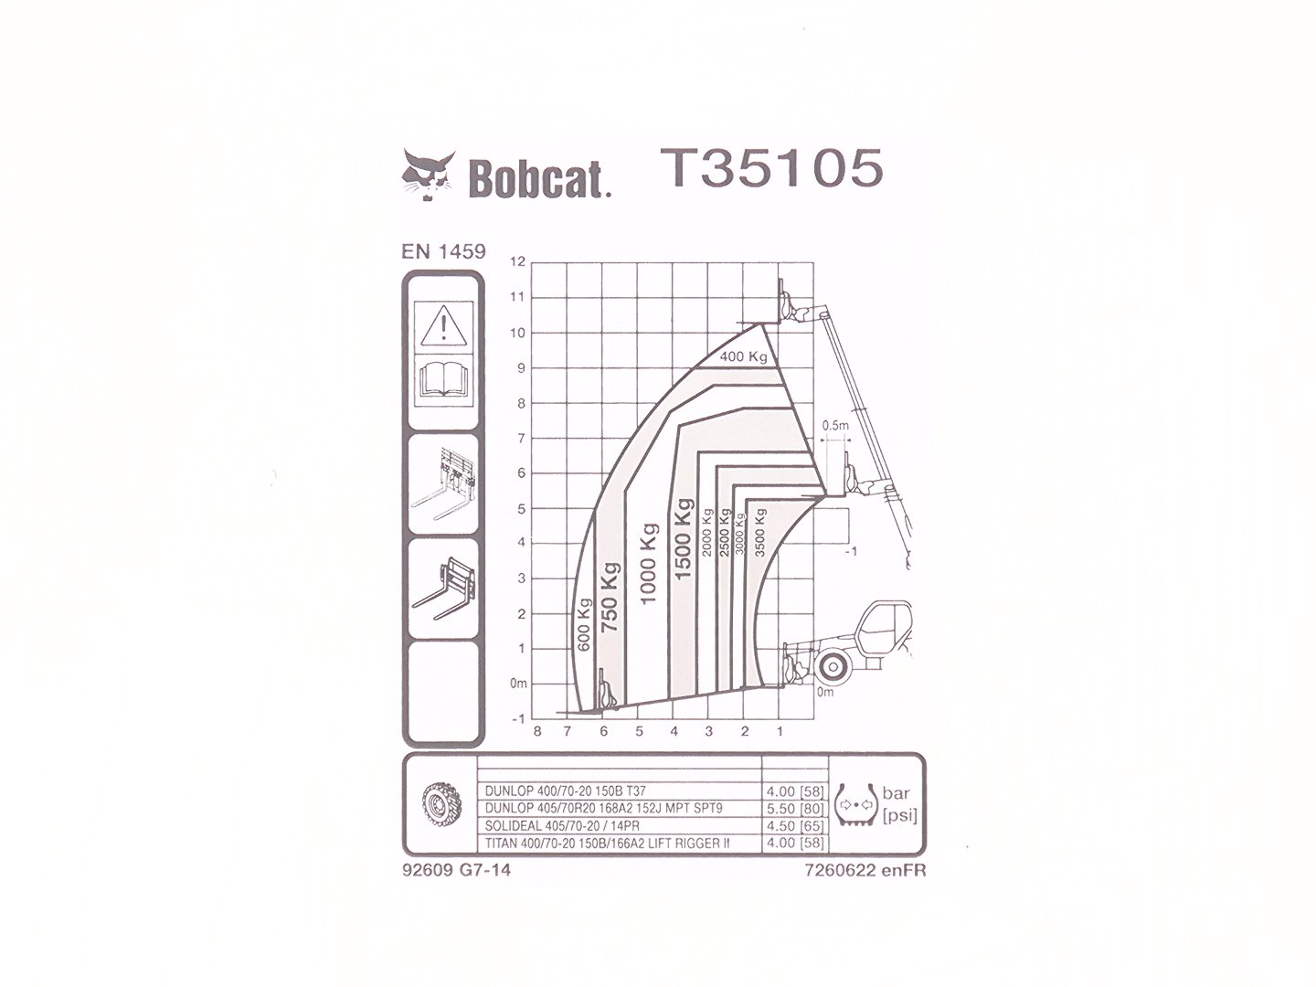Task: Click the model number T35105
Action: coord(771,168)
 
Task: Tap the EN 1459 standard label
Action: coord(443,251)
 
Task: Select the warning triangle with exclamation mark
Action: coord(443,325)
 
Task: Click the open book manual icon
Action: coord(443,378)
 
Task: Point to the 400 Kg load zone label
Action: coord(743,356)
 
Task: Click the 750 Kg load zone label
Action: coord(610,597)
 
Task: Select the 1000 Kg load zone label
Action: coord(648,564)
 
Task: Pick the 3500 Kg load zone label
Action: coord(761,533)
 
